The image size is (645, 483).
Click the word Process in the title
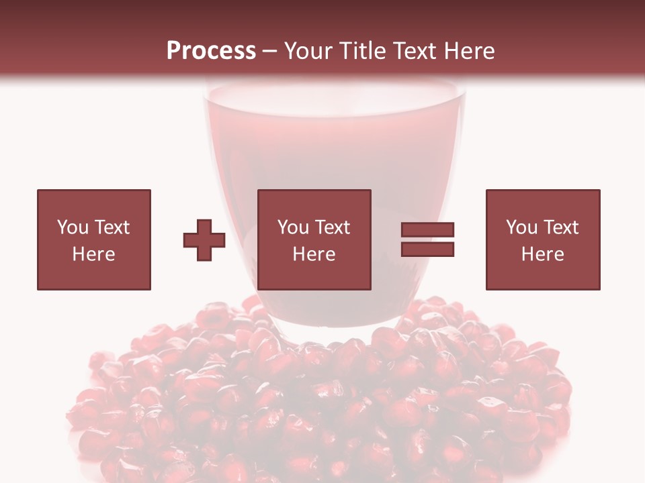coord(211,50)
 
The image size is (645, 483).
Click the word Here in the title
coord(469,50)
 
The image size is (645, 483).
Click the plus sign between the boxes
coord(204,240)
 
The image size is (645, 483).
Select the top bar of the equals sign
coord(427,230)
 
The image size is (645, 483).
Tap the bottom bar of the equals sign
coord(427,250)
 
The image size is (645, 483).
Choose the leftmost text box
coord(94,239)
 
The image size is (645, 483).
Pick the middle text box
coord(314,239)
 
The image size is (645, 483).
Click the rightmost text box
coord(543,239)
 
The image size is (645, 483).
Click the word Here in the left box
coord(94,254)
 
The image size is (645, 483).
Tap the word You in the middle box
coord(293,227)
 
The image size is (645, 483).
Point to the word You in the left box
coord(73,227)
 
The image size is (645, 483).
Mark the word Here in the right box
coord(543,254)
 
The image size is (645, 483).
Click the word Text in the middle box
coord(332,227)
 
